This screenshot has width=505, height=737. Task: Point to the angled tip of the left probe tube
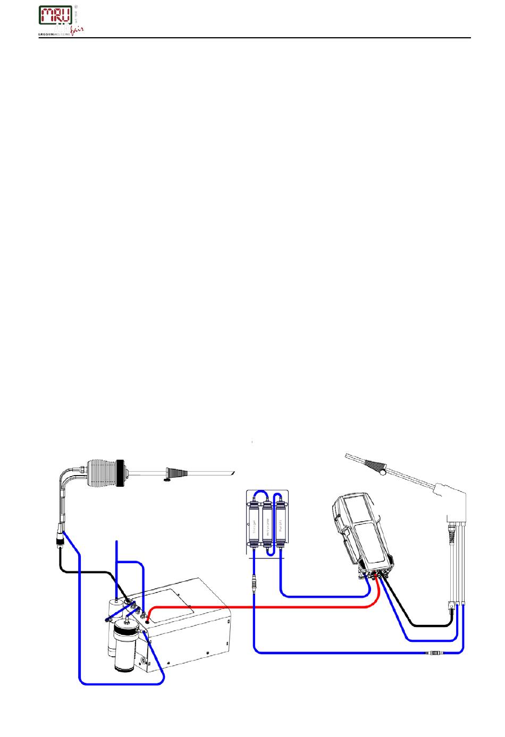[x=231, y=472]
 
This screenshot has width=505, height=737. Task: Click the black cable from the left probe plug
[x=85, y=571]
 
